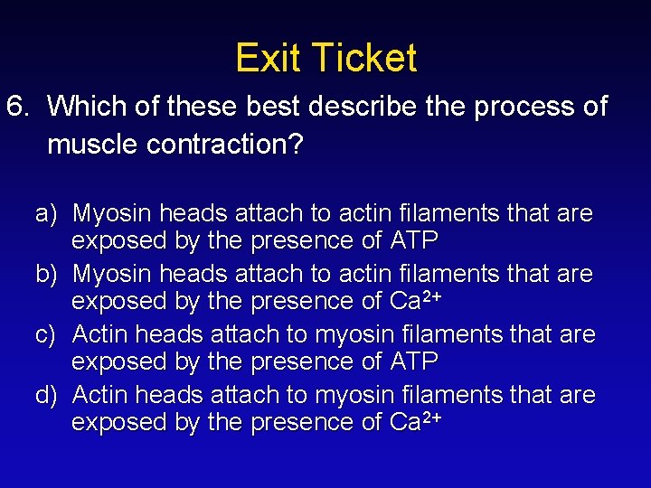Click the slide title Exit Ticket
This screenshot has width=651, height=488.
point(325,58)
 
